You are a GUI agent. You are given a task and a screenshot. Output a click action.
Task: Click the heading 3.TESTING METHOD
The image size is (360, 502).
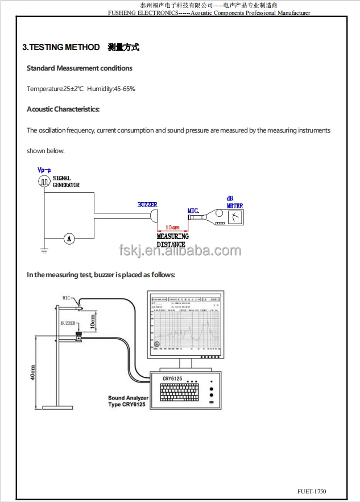tap(61, 47)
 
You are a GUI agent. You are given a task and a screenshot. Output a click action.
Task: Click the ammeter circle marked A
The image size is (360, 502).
tap(69, 239)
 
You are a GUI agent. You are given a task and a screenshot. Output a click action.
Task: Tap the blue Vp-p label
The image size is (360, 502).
tap(44, 170)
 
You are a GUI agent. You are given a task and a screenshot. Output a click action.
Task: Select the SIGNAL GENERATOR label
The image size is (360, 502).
tap(67, 182)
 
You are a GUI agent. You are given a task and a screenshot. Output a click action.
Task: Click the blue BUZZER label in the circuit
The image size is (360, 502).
tap(147, 204)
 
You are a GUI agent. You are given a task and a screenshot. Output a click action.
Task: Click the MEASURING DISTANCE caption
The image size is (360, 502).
tap(171, 240)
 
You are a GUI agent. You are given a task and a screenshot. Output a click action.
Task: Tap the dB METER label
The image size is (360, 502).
tap(234, 202)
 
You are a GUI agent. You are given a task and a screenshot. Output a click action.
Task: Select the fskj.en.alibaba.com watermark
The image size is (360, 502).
tap(180, 250)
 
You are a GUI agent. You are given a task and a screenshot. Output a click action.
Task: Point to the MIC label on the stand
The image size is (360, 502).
tap(67, 298)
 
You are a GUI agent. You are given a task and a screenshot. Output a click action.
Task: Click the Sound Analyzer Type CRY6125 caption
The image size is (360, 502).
tap(128, 401)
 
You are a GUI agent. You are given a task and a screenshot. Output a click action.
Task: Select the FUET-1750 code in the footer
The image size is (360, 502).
tap(312, 491)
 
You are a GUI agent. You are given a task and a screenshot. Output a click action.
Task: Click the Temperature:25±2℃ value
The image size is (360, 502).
tap(55, 89)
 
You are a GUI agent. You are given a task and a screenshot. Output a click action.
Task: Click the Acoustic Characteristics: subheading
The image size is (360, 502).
tap(63, 109)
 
